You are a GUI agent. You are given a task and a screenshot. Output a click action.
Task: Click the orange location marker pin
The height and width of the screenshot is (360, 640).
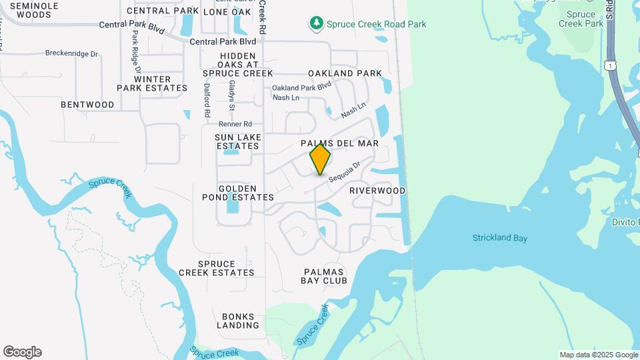point(320,159)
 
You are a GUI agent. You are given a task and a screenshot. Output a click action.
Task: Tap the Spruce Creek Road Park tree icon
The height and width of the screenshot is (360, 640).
point(316,24)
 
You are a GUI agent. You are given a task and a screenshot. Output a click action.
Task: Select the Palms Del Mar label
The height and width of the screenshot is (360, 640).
point(339,143)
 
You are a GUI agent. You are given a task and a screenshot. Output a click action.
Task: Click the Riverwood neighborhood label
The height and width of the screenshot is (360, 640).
point(377,191)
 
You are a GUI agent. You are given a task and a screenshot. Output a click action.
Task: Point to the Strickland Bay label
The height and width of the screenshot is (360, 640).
point(500,238)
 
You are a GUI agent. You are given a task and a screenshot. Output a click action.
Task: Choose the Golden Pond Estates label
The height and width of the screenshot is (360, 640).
point(238,193)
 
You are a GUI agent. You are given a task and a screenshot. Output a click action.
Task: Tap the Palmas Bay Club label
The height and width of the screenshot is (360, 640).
point(325,276)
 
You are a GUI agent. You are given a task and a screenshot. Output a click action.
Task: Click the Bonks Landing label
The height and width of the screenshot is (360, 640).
point(238,321)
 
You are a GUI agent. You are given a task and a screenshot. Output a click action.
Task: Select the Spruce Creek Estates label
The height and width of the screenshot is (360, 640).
point(217,268)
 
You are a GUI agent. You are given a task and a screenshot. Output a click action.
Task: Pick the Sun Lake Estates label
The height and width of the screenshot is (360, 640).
point(237,141)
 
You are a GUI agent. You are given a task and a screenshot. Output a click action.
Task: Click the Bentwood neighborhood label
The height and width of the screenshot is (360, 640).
point(87,105)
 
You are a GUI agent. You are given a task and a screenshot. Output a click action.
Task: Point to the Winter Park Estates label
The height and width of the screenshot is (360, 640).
point(152,83)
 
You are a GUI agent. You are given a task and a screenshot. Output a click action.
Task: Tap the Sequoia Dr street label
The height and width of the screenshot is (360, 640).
point(344,173)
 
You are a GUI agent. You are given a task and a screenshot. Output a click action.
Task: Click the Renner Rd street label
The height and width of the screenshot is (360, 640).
point(235,124)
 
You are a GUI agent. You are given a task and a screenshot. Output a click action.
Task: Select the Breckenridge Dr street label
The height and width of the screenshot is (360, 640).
point(71,53)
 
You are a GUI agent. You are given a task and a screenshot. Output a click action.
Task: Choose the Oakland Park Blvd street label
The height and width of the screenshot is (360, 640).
point(301,87)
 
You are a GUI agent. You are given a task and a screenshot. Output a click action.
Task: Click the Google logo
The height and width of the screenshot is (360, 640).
point(22,352)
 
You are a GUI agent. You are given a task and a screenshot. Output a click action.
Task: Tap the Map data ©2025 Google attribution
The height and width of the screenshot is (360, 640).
point(598,355)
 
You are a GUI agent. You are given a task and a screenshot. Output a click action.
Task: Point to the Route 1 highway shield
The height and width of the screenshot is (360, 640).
point(609,65)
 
